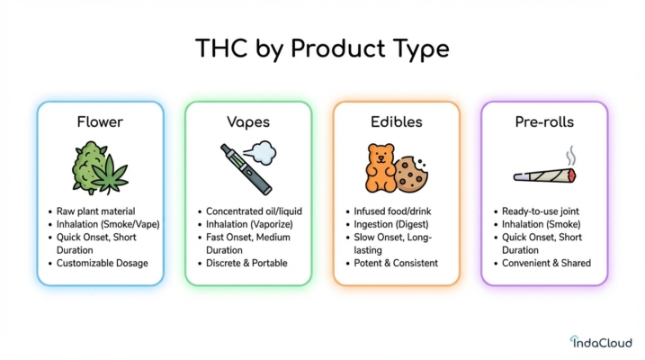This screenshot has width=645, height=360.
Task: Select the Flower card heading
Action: coord(100,121)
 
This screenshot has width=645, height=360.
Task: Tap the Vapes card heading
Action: coord(248,121)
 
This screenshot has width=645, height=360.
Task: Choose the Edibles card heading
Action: coord(396,121)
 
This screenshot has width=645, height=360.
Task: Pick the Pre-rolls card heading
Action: coord(543,121)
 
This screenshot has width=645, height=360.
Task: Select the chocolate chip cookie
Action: coord(411,172)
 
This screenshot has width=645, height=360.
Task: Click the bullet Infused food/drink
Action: coord(393,211)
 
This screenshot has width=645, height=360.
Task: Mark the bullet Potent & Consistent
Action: coord(396,263)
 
